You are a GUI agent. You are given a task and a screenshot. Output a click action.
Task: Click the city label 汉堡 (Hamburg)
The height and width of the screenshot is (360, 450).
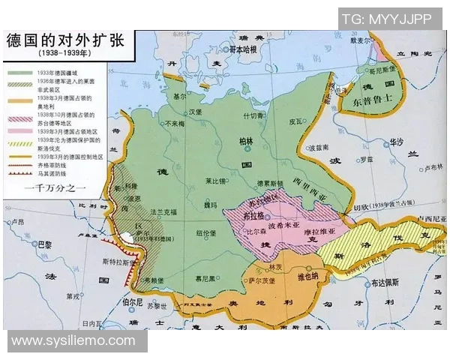click(x=195, y=112)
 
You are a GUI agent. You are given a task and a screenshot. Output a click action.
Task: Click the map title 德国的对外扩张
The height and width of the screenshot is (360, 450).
click(x=65, y=40)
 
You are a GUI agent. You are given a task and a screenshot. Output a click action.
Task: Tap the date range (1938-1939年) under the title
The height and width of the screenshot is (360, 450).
click(x=64, y=55)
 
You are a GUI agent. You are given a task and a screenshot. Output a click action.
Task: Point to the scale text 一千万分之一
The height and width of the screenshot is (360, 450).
click(x=55, y=186)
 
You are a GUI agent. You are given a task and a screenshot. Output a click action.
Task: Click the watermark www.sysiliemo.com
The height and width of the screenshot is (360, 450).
click(x=73, y=341)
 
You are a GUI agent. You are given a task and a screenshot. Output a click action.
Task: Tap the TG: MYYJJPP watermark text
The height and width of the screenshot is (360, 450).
click(x=389, y=19)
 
